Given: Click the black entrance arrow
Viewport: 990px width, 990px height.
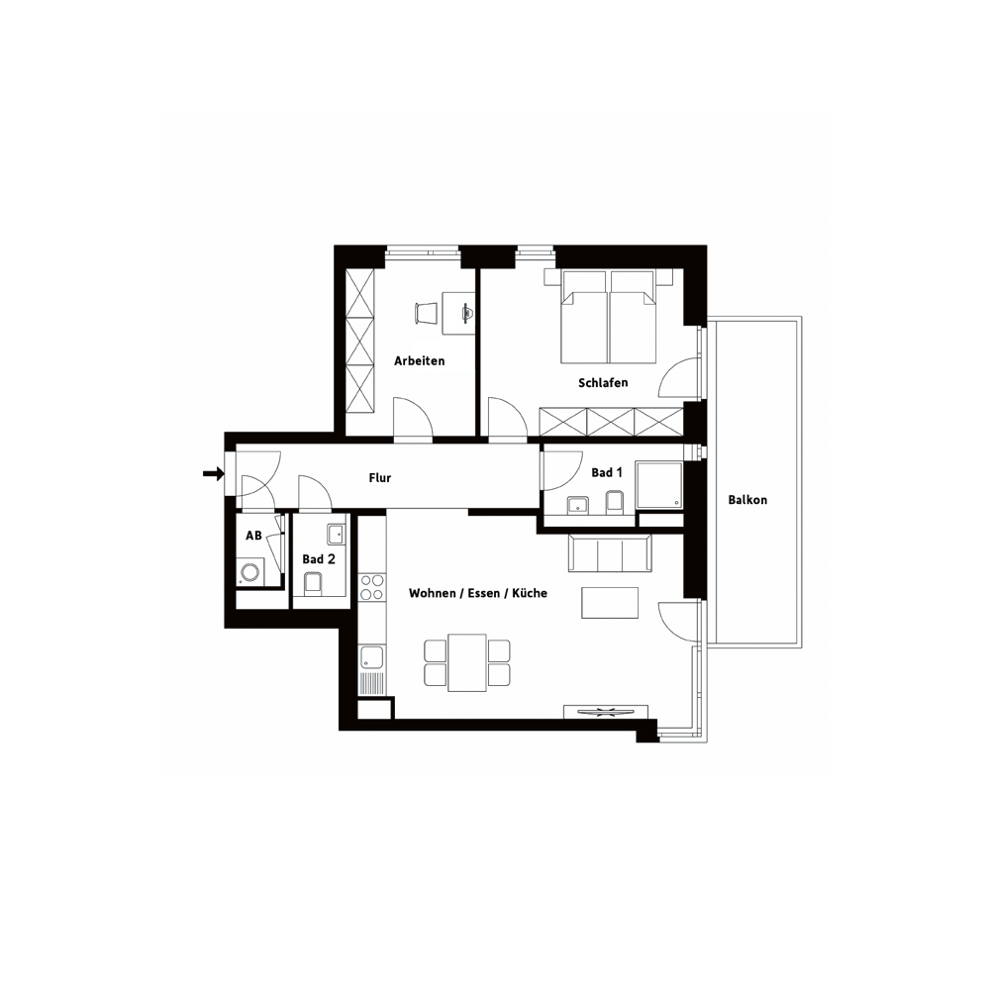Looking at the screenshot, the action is [x=214, y=473].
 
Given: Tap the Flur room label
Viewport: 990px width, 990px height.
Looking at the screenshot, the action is [x=380, y=478].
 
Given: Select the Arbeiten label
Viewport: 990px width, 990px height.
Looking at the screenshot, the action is [x=419, y=360].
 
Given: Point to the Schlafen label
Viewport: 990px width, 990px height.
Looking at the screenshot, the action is [x=603, y=382].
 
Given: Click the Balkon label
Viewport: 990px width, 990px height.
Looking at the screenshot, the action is [x=747, y=500].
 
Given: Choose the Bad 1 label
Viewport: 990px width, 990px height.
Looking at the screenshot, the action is [x=607, y=472].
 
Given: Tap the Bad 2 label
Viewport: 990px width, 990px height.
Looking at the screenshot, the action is [x=319, y=559].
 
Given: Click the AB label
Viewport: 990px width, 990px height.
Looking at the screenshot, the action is [x=253, y=536].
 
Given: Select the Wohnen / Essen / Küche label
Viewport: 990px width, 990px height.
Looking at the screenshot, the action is [x=478, y=593].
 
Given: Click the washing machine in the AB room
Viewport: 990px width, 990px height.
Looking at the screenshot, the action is [x=251, y=572].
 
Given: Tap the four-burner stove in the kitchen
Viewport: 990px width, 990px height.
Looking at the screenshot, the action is [x=371, y=587].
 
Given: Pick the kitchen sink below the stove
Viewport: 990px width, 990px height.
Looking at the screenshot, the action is [x=371, y=658].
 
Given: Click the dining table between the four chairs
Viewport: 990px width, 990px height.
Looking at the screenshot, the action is [x=467, y=663].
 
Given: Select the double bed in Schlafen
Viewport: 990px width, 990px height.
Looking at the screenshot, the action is [x=609, y=317].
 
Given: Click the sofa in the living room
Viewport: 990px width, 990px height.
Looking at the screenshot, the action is [x=610, y=552].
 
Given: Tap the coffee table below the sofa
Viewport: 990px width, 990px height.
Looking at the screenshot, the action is [x=610, y=603].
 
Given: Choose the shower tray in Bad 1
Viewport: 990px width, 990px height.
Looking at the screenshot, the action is [x=659, y=485].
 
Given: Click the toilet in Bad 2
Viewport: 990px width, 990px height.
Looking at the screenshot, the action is [x=313, y=583].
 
